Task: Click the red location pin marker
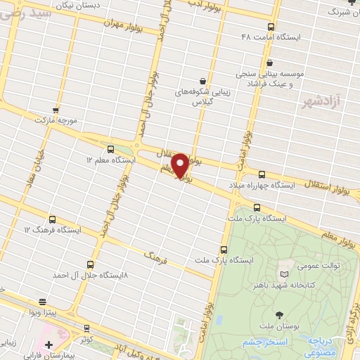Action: [x=180, y=166]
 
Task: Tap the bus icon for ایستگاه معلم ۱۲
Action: [x=110, y=148]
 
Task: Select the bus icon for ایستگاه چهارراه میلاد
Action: [x=262, y=174]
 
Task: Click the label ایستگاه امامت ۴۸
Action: [x=270, y=37]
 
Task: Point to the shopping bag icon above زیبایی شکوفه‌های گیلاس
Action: [x=202, y=80]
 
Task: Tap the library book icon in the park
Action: [x=284, y=274]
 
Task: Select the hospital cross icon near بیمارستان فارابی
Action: [x=49, y=345]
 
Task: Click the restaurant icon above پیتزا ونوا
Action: [x=44, y=300]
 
